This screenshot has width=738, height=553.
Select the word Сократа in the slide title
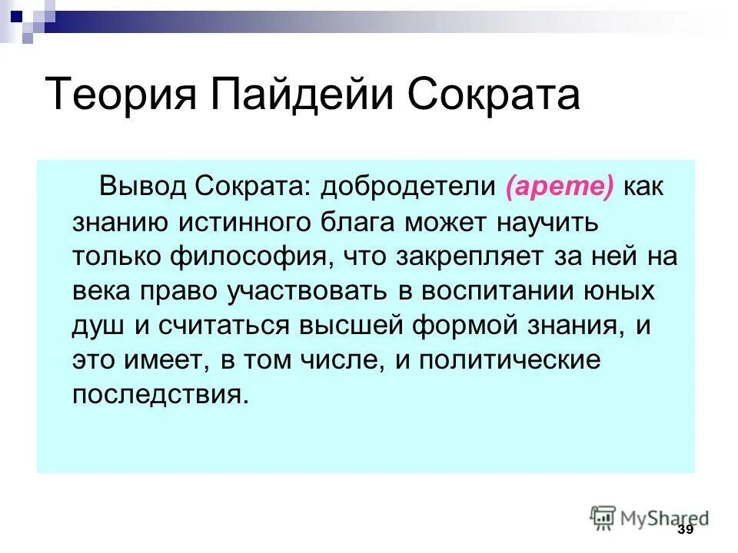[x=494, y=94]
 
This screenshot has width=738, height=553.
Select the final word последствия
[x=161, y=395]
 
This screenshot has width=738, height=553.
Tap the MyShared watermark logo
[x=649, y=518]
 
